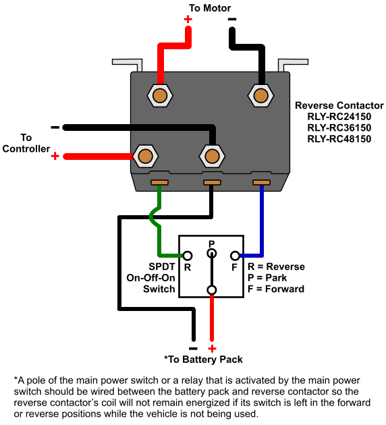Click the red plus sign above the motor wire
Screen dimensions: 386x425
(x=188, y=20)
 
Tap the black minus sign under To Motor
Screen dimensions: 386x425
(x=232, y=19)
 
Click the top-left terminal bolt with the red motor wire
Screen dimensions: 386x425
(x=160, y=95)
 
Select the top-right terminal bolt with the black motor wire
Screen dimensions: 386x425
(x=260, y=95)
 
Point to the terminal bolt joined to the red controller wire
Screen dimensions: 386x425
(x=146, y=156)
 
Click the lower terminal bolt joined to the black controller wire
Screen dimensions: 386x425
(x=212, y=156)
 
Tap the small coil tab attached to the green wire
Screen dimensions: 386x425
(x=159, y=182)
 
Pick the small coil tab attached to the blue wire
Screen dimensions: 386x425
(x=261, y=182)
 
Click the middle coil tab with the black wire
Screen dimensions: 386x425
(x=213, y=182)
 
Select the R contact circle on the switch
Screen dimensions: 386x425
(x=188, y=256)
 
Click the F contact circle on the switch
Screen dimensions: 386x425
(x=235, y=256)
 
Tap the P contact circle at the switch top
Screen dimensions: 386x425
(x=212, y=254)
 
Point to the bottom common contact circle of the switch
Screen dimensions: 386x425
(x=212, y=290)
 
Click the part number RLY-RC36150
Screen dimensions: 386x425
(x=339, y=128)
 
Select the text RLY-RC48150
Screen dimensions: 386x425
(x=339, y=139)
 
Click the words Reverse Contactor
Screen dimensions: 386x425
(x=339, y=105)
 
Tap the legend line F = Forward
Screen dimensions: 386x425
(x=276, y=289)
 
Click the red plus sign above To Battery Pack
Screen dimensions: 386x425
(x=212, y=349)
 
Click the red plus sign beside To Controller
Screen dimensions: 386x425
(x=55, y=156)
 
